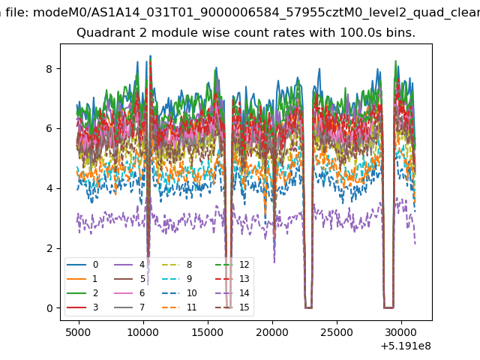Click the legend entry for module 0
[x=82, y=265]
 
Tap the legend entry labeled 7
[x=129, y=307]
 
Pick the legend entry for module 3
[x=82, y=307]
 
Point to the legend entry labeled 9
[x=177, y=278]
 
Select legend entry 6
[x=129, y=293]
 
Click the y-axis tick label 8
[x=49, y=69]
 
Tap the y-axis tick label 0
[x=49, y=308]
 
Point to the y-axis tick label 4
[x=49, y=188]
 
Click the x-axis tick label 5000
[x=78, y=332]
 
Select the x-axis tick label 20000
[x=272, y=332]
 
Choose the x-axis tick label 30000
[x=401, y=332]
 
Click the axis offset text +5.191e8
[x=406, y=346]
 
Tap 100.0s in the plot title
[x=361, y=32]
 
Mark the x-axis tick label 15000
[x=208, y=332]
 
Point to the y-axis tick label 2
[x=49, y=248]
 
